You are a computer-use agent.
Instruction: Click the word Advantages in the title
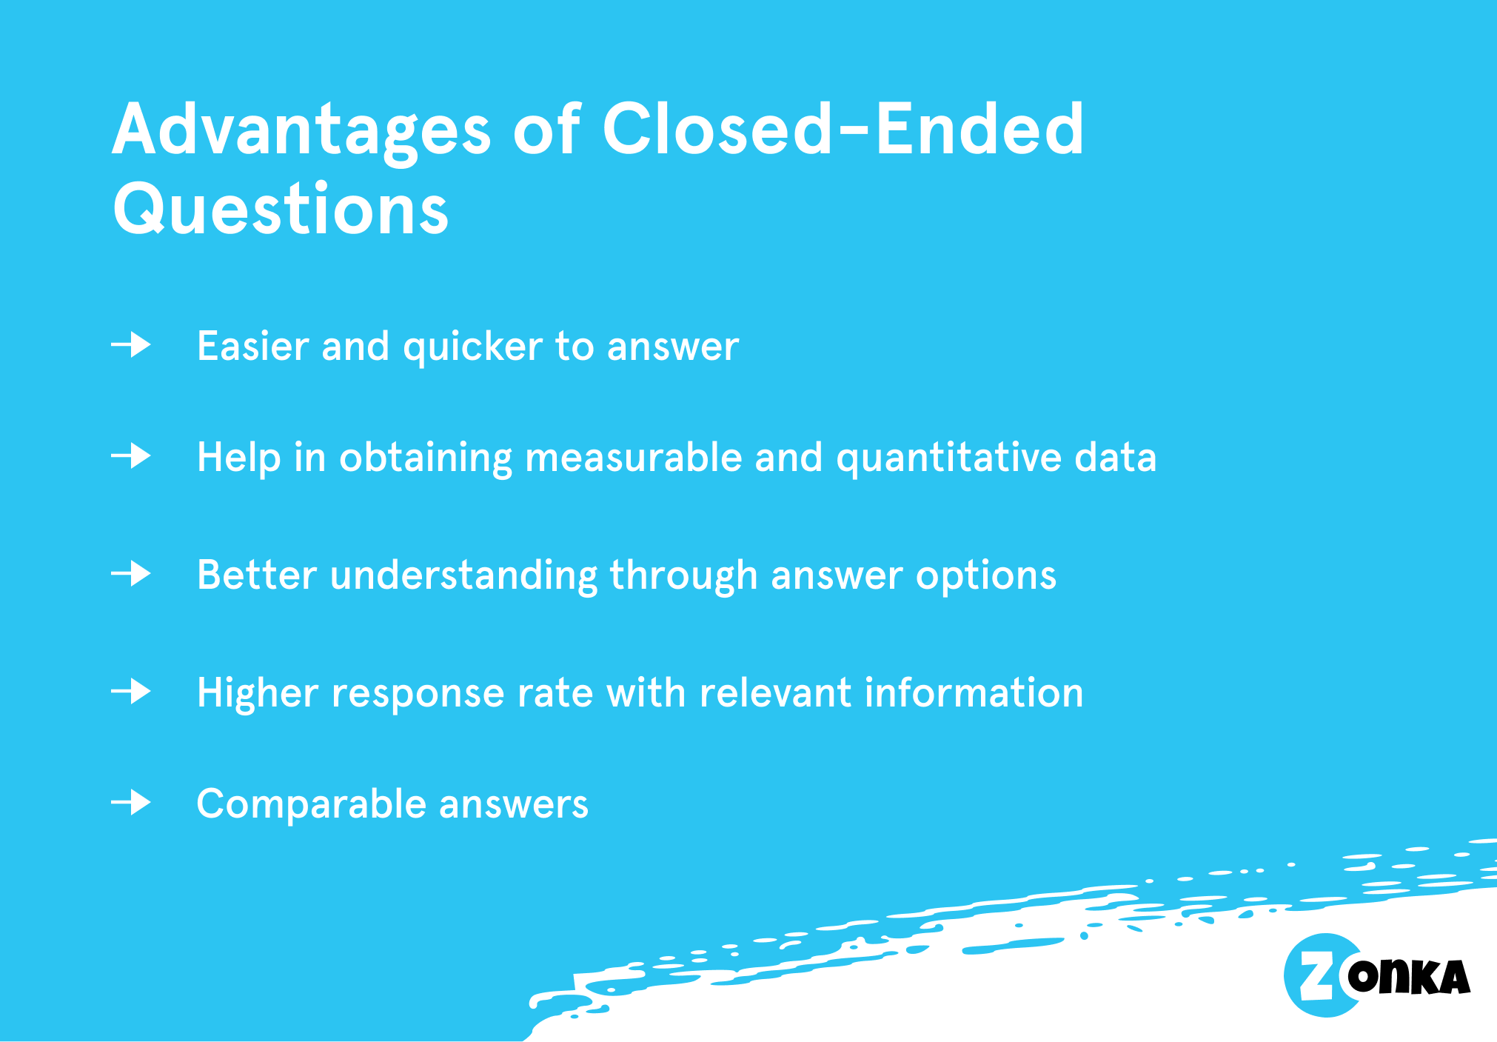(x=300, y=131)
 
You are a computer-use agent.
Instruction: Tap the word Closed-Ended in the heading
(x=843, y=130)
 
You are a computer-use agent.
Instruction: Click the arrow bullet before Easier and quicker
(x=132, y=345)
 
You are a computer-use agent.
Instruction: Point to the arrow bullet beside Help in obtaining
(x=132, y=455)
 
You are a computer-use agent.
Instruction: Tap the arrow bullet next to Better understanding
(x=132, y=574)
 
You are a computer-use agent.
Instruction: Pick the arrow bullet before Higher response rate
(x=132, y=692)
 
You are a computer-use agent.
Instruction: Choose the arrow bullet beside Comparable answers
(x=132, y=803)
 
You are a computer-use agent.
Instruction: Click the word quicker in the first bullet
(x=472, y=347)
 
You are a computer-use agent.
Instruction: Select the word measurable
(x=633, y=457)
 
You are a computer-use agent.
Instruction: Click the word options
(x=985, y=577)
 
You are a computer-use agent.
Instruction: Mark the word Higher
(x=257, y=694)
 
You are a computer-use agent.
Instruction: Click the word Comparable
(x=312, y=805)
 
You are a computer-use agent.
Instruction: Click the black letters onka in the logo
(x=1408, y=977)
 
